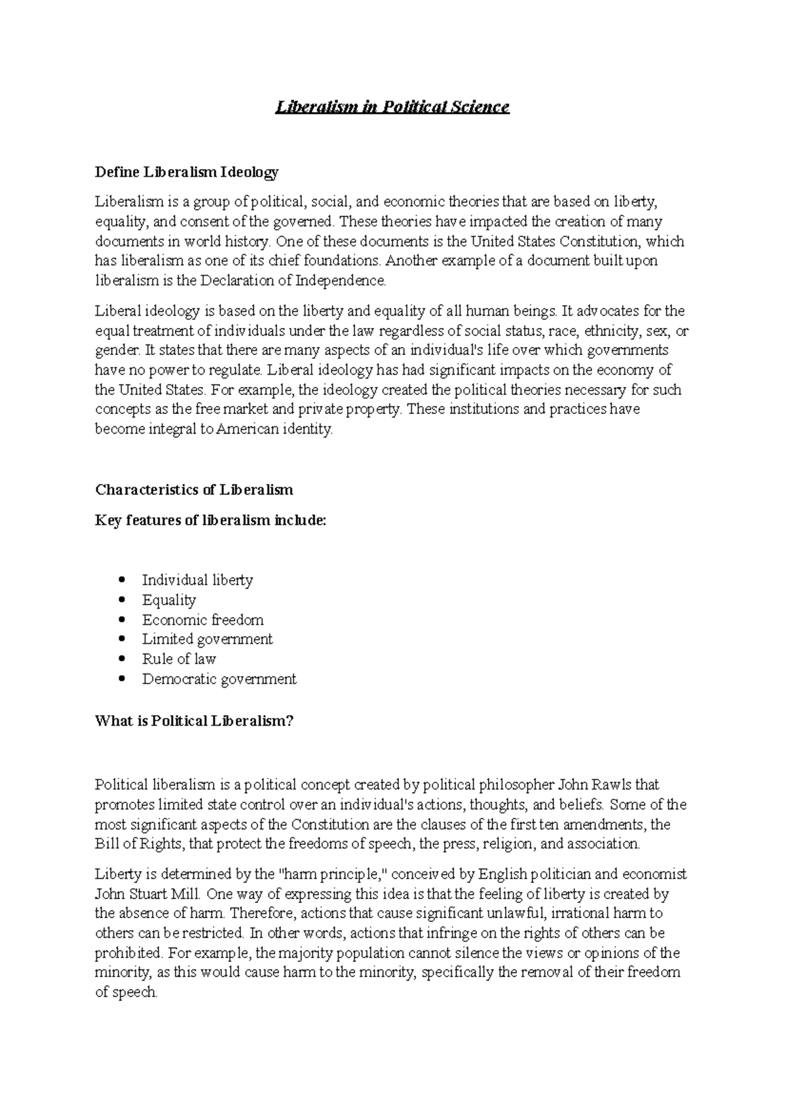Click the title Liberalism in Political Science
392,107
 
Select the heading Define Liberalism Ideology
187,172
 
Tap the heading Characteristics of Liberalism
194,490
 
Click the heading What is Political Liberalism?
194,721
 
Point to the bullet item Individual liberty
197,580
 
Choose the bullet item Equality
169,600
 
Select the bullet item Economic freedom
203,620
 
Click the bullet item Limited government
207,639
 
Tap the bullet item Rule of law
179,659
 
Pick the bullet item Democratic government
219,679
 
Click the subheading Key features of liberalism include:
210,521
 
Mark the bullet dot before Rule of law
122,659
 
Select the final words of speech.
126,992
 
